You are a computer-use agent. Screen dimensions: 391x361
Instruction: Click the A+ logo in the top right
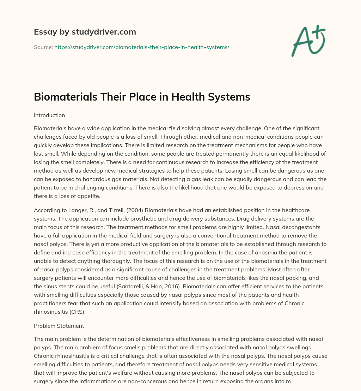click(x=308, y=41)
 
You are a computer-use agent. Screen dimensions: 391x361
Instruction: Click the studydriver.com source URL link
click(x=142, y=47)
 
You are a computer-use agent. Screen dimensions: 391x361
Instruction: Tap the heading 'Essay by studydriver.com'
click(x=85, y=32)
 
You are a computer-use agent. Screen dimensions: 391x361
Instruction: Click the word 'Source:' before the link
click(x=43, y=47)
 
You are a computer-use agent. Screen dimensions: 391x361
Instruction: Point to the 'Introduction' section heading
click(x=49, y=115)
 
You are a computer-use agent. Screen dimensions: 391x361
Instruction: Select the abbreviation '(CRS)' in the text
click(x=79, y=312)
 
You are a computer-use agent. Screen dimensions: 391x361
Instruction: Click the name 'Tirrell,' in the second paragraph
click(x=110, y=210)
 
